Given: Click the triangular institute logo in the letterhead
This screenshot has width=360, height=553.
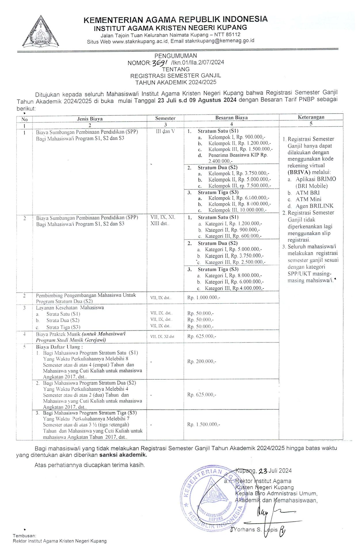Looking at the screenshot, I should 41,33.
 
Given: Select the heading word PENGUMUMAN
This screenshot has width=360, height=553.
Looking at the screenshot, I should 176,56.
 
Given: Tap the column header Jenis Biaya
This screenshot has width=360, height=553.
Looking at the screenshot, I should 90,119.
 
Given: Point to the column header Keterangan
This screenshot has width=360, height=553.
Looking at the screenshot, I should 311,117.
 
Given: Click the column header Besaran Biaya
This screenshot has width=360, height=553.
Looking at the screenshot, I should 231,118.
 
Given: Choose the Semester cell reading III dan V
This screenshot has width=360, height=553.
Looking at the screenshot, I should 165,131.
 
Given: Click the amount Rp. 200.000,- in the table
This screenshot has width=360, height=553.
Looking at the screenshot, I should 202,361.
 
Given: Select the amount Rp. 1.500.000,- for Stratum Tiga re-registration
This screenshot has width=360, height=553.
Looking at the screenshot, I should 204,424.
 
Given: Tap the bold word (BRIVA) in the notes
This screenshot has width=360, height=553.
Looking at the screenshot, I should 299,172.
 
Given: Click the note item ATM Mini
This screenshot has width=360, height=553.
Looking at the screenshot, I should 308,199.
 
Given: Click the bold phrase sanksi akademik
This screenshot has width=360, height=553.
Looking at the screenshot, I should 123,455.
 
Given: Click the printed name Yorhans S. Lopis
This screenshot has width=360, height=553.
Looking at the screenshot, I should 256,529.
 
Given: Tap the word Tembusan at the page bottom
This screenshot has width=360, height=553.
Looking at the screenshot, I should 24,536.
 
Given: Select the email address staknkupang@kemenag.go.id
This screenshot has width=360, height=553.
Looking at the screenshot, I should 220,41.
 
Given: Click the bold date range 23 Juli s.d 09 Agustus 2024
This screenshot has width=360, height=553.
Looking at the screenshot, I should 197,100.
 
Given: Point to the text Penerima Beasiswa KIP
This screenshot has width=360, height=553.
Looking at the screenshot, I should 238,155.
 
